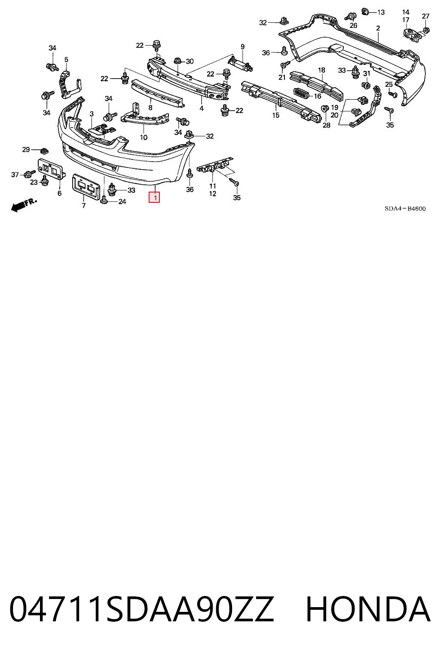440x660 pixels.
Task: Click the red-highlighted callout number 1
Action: [x=154, y=197]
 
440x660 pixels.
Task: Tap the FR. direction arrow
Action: [x=24, y=205]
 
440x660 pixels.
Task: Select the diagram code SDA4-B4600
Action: [x=405, y=208]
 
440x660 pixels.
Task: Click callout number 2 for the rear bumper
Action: [x=378, y=28]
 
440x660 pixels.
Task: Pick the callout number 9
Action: [x=242, y=46]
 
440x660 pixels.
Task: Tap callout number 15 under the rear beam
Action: [x=275, y=115]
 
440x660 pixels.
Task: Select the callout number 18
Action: [x=321, y=70]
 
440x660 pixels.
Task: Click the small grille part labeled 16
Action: [x=300, y=94]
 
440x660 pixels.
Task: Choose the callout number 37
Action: [x=15, y=175]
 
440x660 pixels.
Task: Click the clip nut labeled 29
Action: [x=44, y=151]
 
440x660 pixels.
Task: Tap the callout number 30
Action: [x=189, y=61]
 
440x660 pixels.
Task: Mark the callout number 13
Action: [x=381, y=12]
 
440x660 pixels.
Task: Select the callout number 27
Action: [x=425, y=16]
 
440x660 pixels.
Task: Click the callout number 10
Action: [x=144, y=137]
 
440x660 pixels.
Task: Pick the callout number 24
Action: [x=122, y=202]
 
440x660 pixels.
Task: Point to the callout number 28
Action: [x=326, y=125]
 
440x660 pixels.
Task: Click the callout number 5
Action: [x=66, y=60]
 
